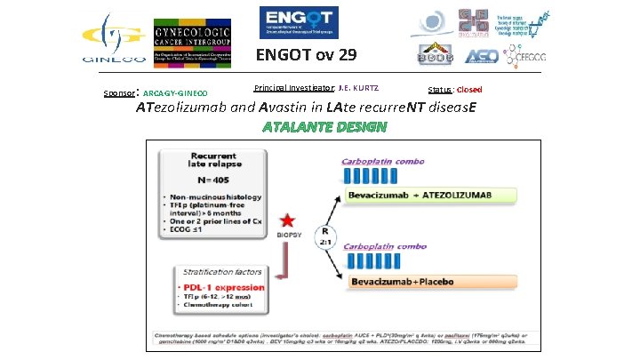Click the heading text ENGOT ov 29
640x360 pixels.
307,56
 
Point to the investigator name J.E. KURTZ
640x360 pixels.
358,88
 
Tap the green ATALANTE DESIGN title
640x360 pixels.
324,126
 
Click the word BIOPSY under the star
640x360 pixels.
286,236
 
